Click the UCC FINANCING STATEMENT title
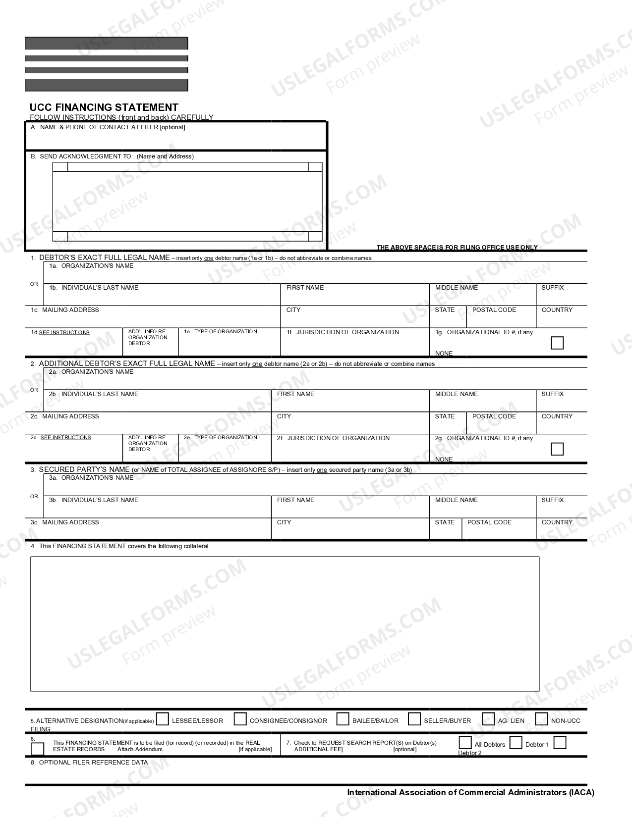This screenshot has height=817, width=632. [x=104, y=107]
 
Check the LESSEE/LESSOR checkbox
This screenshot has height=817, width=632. [x=163, y=719]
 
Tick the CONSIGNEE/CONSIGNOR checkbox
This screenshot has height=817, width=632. [x=240, y=719]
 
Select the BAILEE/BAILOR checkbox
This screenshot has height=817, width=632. [x=343, y=719]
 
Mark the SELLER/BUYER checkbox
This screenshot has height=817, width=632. [x=414, y=719]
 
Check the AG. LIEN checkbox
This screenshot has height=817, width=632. [x=488, y=719]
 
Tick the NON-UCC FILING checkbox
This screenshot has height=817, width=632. [x=541, y=719]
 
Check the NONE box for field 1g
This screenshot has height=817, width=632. [x=557, y=343]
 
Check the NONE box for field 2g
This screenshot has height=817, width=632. [x=557, y=449]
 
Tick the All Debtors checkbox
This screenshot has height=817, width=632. [x=465, y=743]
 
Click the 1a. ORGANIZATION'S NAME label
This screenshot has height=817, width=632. [x=91, y=266]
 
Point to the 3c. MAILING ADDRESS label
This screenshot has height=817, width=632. [x=64, y=522]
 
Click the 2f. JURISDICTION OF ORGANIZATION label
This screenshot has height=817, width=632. [x=333, y=438]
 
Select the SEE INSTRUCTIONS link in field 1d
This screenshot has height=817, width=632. [x=64, y=333]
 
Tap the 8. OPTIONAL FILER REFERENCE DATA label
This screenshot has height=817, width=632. [x=89, y=763]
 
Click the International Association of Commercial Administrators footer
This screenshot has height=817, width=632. [x=470, y=792]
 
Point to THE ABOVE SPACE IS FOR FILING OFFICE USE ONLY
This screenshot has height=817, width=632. [x=457, y=247]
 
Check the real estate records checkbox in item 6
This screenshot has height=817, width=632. [x=38, y=749]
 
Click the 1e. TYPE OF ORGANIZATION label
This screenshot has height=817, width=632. [x=221, y=332]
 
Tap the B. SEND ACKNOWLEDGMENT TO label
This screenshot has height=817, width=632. [x=112, y=156]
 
